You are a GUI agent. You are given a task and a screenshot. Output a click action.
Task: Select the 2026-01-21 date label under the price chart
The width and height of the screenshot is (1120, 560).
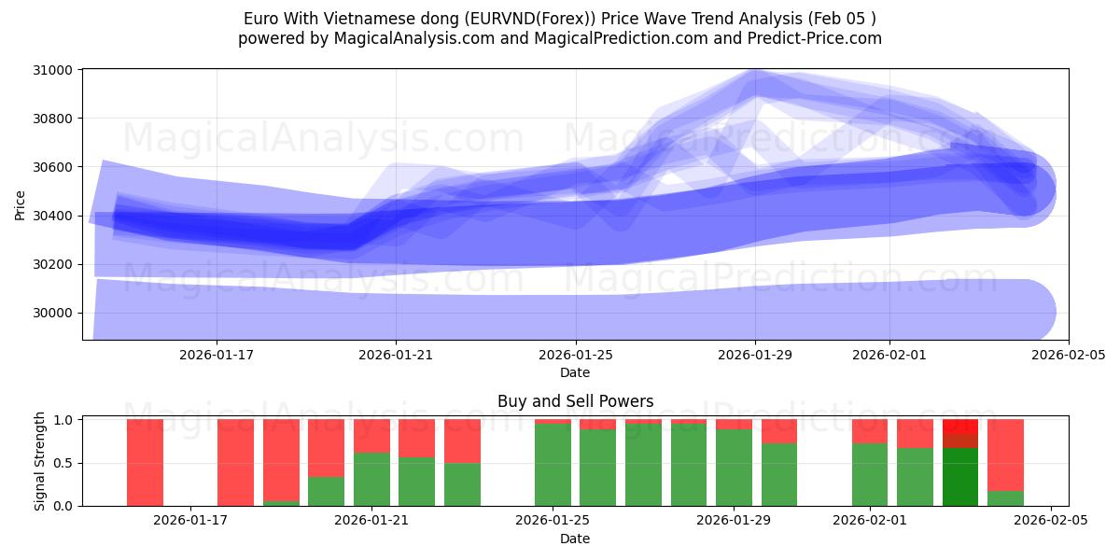pos(396,355)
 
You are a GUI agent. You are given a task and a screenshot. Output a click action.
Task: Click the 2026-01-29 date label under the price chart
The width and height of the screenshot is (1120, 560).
pos(755,355)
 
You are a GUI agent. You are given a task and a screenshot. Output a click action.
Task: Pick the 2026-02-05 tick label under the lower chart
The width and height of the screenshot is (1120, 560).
pos(1051,521)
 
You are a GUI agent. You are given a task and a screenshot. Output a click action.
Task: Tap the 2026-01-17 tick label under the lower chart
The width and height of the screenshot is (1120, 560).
pos(190,521)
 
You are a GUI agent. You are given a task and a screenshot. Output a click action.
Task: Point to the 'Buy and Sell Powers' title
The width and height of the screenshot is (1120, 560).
pos(575,401)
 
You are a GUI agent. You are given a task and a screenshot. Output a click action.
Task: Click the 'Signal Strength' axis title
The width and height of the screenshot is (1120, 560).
pos(39,461)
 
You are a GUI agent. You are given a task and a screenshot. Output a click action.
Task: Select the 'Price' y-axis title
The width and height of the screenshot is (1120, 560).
pos(21,204)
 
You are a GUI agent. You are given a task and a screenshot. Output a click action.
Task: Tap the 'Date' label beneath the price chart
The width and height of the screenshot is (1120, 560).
pos(575,372)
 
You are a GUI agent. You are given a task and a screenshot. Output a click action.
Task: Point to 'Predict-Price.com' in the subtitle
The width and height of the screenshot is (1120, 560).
pos(815,38)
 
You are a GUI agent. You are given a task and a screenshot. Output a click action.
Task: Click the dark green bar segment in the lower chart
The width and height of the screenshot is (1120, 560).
pos(960,477)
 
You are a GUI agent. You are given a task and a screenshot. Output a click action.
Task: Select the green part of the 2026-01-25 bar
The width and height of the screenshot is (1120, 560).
pos(553,465)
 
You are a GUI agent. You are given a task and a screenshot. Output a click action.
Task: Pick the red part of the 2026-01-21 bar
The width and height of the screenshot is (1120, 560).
pos(371,436)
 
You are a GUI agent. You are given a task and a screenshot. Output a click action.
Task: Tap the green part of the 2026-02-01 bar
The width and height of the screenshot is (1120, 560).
pos(870,474)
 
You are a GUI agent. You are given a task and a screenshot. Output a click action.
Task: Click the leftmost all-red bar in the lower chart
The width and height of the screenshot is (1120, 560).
pos(146,462)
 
